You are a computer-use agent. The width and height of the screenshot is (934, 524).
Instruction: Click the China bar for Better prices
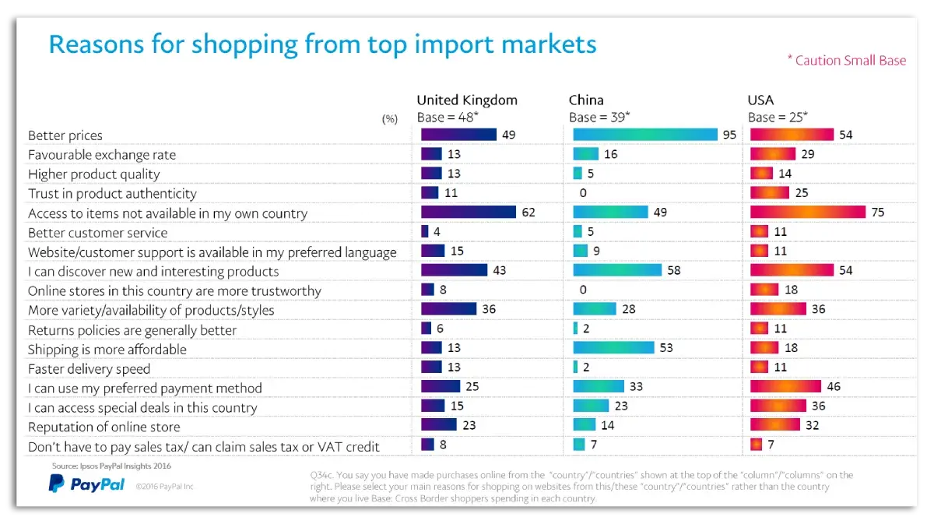644,135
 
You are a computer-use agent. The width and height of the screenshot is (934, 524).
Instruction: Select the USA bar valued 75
808,213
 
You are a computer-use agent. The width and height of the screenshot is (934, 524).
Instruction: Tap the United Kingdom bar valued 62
468,213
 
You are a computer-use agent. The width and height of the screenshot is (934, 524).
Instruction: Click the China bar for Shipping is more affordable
613,349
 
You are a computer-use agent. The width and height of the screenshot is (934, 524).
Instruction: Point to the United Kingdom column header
466,100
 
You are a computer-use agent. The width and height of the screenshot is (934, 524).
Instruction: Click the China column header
586,100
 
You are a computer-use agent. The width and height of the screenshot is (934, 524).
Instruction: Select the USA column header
760,100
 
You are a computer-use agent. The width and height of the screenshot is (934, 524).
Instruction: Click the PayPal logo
86,484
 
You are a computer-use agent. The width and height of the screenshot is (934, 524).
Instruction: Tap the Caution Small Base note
847,60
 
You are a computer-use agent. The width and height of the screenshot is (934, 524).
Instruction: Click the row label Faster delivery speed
89,369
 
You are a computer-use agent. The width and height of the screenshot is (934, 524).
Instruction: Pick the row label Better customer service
97,233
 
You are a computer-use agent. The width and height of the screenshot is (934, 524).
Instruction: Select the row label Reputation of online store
104,427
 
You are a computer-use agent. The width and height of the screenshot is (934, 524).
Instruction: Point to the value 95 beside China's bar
729,135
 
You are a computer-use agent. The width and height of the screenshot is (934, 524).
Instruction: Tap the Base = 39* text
599,118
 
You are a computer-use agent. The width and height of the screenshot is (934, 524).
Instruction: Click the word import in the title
454,44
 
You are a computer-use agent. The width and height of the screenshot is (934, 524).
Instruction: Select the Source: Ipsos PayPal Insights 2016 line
111,466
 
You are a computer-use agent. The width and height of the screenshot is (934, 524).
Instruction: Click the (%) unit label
390,119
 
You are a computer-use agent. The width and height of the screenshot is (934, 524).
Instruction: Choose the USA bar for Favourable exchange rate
773,154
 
